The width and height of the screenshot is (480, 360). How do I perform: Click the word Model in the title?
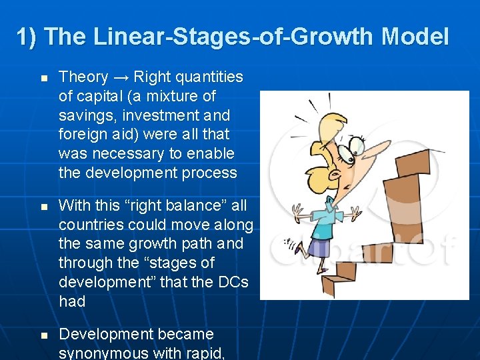pyautogui.click(x=416, y=37)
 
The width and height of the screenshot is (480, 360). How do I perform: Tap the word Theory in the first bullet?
pyautogui.click(x=83, y=77)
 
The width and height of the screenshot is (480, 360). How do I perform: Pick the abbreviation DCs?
pyautogui.click(x=232, y=282)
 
